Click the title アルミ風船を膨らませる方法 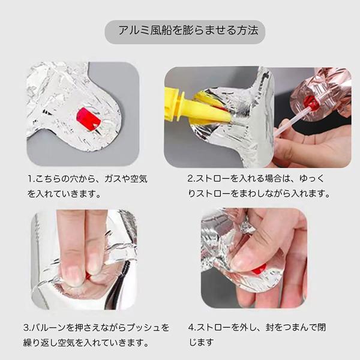188,31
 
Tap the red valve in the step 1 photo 88,119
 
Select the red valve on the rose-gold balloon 310,103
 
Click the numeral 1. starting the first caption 31,179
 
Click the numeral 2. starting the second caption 191,178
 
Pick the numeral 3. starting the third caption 28,328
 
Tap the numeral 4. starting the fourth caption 192,328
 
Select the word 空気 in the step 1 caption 139,179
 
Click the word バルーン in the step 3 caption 48,328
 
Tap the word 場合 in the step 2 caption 273,178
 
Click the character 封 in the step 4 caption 270,328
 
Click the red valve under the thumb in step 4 259,269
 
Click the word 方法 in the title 248,31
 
